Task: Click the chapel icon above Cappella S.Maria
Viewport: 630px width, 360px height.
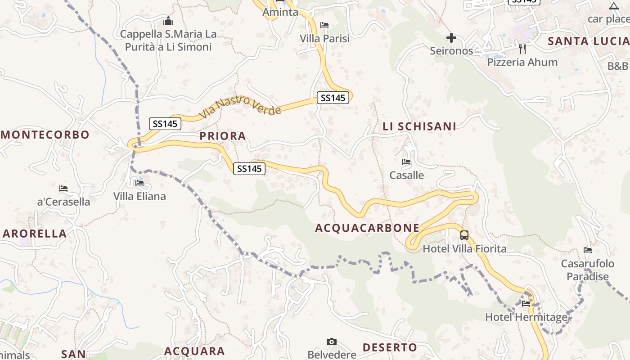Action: [168, 21]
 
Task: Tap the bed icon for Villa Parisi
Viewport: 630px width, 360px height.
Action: [324, 25]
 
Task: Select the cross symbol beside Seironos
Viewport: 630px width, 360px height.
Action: [451, 38]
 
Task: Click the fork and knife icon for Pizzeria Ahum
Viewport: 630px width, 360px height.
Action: [522, 49]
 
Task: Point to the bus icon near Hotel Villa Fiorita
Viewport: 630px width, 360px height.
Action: [464, 235]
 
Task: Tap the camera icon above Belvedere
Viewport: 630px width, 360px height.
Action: [332, 342]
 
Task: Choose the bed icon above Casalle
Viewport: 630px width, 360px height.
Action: [406, 162]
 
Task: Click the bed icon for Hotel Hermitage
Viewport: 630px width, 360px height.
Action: [526, 304]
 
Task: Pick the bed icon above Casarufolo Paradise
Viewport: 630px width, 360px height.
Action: [587, 250]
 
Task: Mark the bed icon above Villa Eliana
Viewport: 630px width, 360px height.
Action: [139, 183]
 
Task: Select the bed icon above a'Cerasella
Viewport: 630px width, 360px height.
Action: [63, 189]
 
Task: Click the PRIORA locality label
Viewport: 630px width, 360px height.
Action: [223, 136]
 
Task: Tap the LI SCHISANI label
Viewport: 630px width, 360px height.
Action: [419, 126]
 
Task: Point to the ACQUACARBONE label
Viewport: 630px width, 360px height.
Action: [367, 228]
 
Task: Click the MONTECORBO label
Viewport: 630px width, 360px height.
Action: [45, 135]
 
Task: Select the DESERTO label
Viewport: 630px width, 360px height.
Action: [390, 347]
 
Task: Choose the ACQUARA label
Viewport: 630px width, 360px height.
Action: [194, 351]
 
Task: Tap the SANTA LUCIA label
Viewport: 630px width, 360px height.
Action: [588, 41]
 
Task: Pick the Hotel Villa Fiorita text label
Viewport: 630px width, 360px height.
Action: [464, 248]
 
